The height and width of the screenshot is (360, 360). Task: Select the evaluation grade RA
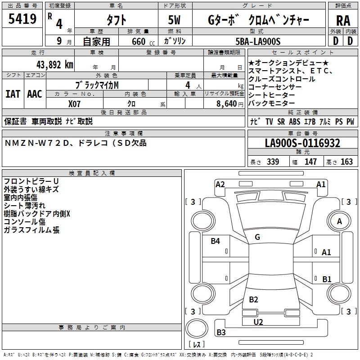tap(343, 21)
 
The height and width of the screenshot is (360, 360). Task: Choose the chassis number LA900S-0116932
tap(302, 144)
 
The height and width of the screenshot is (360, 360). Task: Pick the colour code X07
tap(75, 103)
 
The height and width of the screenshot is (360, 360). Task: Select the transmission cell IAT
tap(13, 94)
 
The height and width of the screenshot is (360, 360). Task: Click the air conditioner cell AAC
tap(35, 94)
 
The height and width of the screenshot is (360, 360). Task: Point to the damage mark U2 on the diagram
tap(258, 322)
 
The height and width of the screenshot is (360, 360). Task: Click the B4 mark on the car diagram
tap(216, 241)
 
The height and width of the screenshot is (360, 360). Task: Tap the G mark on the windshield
tap(257, 237)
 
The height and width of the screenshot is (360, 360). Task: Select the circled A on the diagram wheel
tap(339, 221)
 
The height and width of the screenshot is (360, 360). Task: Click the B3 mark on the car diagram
tap(221, 333)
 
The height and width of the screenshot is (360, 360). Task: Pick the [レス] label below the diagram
tap(196, 344)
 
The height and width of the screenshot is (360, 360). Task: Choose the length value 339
tap(273, 162)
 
